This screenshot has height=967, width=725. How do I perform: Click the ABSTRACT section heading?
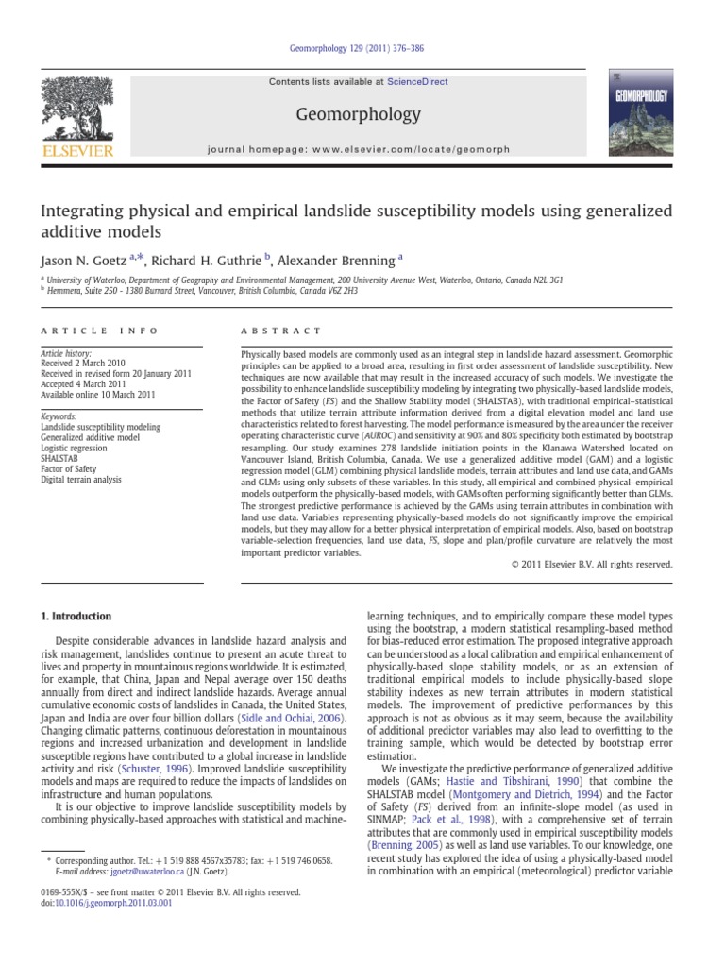(269, 331)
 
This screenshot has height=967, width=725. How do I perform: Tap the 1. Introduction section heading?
(76, 617)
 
